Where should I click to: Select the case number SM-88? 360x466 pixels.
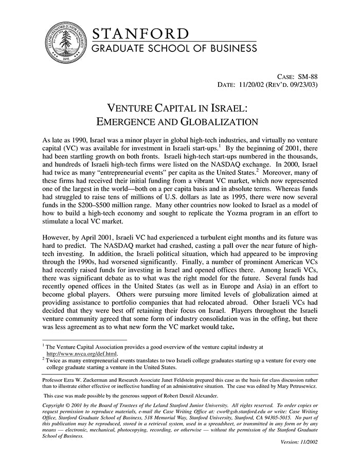pyautogui.click(x=307, y=76)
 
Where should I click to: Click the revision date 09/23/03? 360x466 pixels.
pyautogui.click(x=302, y=84)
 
